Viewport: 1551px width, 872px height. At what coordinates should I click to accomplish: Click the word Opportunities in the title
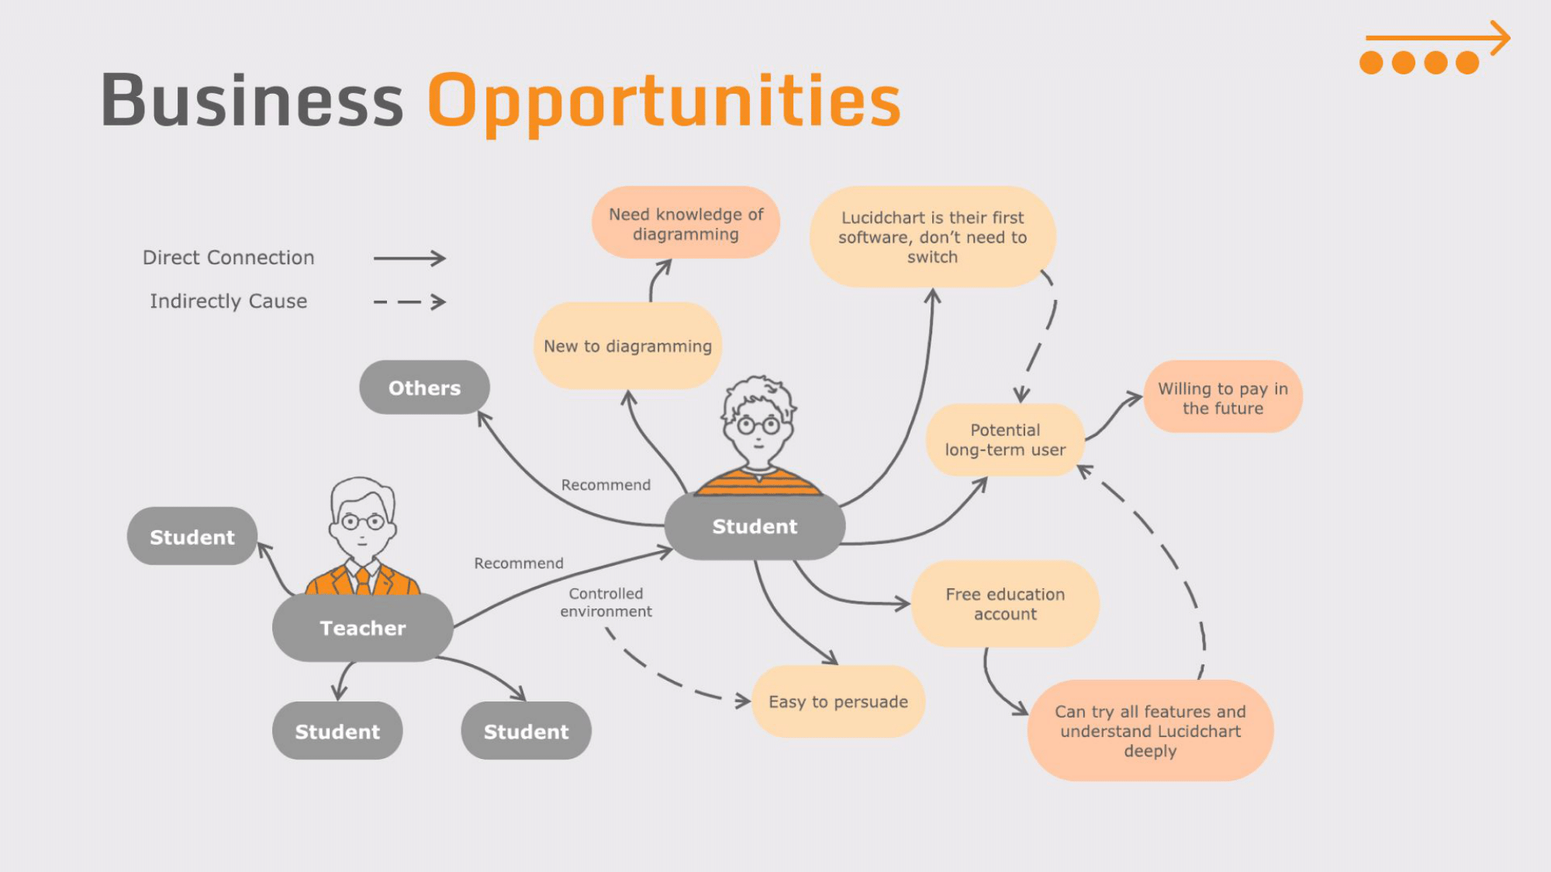pos(664,101)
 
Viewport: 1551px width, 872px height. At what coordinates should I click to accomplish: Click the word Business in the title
pos(252,101)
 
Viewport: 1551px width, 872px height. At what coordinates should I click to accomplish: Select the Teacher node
pos(362,628)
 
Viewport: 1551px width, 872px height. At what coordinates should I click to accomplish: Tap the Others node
pos(424,388)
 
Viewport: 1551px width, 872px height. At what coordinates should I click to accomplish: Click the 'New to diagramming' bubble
pos(627,346)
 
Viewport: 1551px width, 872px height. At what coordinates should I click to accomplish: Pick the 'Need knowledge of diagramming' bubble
pos(686,223)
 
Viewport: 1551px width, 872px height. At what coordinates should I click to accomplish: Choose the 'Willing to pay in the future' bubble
pos(1222,398)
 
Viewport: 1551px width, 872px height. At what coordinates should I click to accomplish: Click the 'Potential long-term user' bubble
pos(1005,439)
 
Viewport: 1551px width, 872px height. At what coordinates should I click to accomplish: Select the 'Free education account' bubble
pos(1005,604)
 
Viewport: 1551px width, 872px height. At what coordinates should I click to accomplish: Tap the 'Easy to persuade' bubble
pos(838,701)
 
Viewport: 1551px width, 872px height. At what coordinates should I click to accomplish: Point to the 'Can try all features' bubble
pos(1150,730)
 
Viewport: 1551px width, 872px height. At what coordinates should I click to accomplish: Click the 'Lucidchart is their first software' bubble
pos(932,236)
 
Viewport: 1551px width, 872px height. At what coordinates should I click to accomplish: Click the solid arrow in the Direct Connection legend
pos(409,258)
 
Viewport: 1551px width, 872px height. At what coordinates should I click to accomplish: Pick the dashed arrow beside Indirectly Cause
pos(409,302)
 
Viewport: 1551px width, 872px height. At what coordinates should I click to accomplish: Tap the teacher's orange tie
pos(362,581)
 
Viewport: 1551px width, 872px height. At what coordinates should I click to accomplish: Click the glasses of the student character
pos(758,425)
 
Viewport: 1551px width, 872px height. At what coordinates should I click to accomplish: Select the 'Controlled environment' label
pos(606,602)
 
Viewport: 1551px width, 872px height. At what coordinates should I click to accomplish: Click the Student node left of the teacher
pos(192,536)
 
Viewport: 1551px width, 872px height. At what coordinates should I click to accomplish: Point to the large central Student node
pos(755,526)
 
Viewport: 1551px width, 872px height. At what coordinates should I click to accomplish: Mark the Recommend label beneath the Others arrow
pos(606,484)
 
